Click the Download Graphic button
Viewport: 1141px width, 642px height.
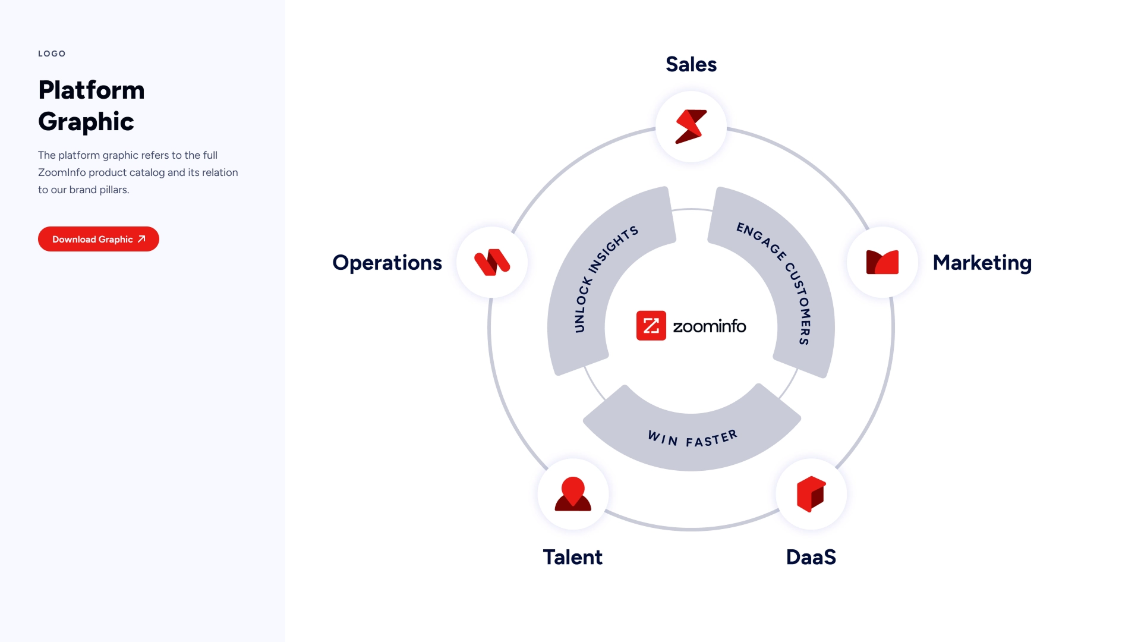coord(98,239)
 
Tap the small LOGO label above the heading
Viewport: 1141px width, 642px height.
coord(52,53)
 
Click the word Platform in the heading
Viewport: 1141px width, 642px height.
coord(92,90)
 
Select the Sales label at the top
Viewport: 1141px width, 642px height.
coord(691,64)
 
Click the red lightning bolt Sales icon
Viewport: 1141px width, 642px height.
coord(691,127)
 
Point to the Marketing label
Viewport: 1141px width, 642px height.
coord(982,263)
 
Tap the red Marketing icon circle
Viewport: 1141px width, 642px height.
coord(882,262)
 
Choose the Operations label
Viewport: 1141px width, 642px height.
coord(387,263)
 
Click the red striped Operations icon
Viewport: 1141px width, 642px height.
coord(492,262)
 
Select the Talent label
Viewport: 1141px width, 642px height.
coord(572,557)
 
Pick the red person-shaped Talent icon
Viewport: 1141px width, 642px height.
coord(573,494)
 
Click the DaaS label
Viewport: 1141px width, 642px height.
coord(811,557)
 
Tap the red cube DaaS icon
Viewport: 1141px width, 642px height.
coord(811,494)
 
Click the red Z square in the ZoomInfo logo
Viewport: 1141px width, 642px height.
coord(651,326)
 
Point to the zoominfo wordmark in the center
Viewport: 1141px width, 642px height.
coord(710,326)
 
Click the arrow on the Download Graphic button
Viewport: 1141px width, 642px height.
coord(141,239)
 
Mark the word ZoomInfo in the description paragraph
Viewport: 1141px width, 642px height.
coord(62,172)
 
